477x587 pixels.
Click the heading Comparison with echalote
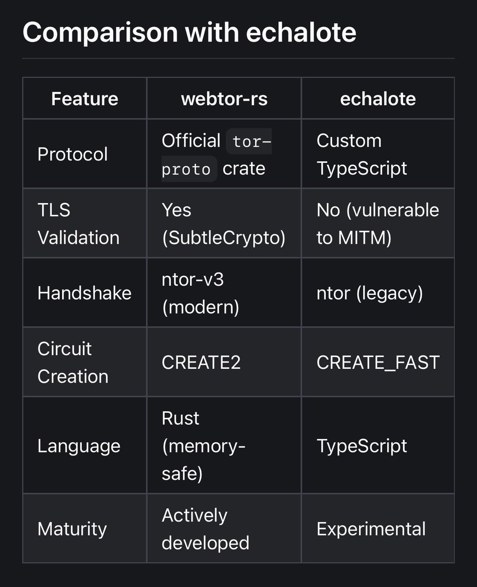(189, 32)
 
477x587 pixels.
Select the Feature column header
(85, 99)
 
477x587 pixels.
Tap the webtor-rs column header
(224, 99)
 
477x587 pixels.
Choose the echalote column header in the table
(378, 99)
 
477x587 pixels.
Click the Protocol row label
(72, 154)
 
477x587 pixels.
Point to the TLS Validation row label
(78, 224)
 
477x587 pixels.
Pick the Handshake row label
(84, 293)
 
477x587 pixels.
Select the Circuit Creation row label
(73, 362)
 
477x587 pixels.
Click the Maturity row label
(72, 529)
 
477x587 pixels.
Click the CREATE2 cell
(201, 362)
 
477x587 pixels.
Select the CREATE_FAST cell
(378, 362)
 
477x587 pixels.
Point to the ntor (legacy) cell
(370, 293)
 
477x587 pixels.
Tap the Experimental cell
(371, 529)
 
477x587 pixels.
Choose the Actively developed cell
(206, 529)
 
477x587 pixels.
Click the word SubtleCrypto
(224, 238)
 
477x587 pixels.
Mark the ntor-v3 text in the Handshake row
(192, 279)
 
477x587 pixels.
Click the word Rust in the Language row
(180, 418)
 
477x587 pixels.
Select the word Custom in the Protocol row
(349, 140)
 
